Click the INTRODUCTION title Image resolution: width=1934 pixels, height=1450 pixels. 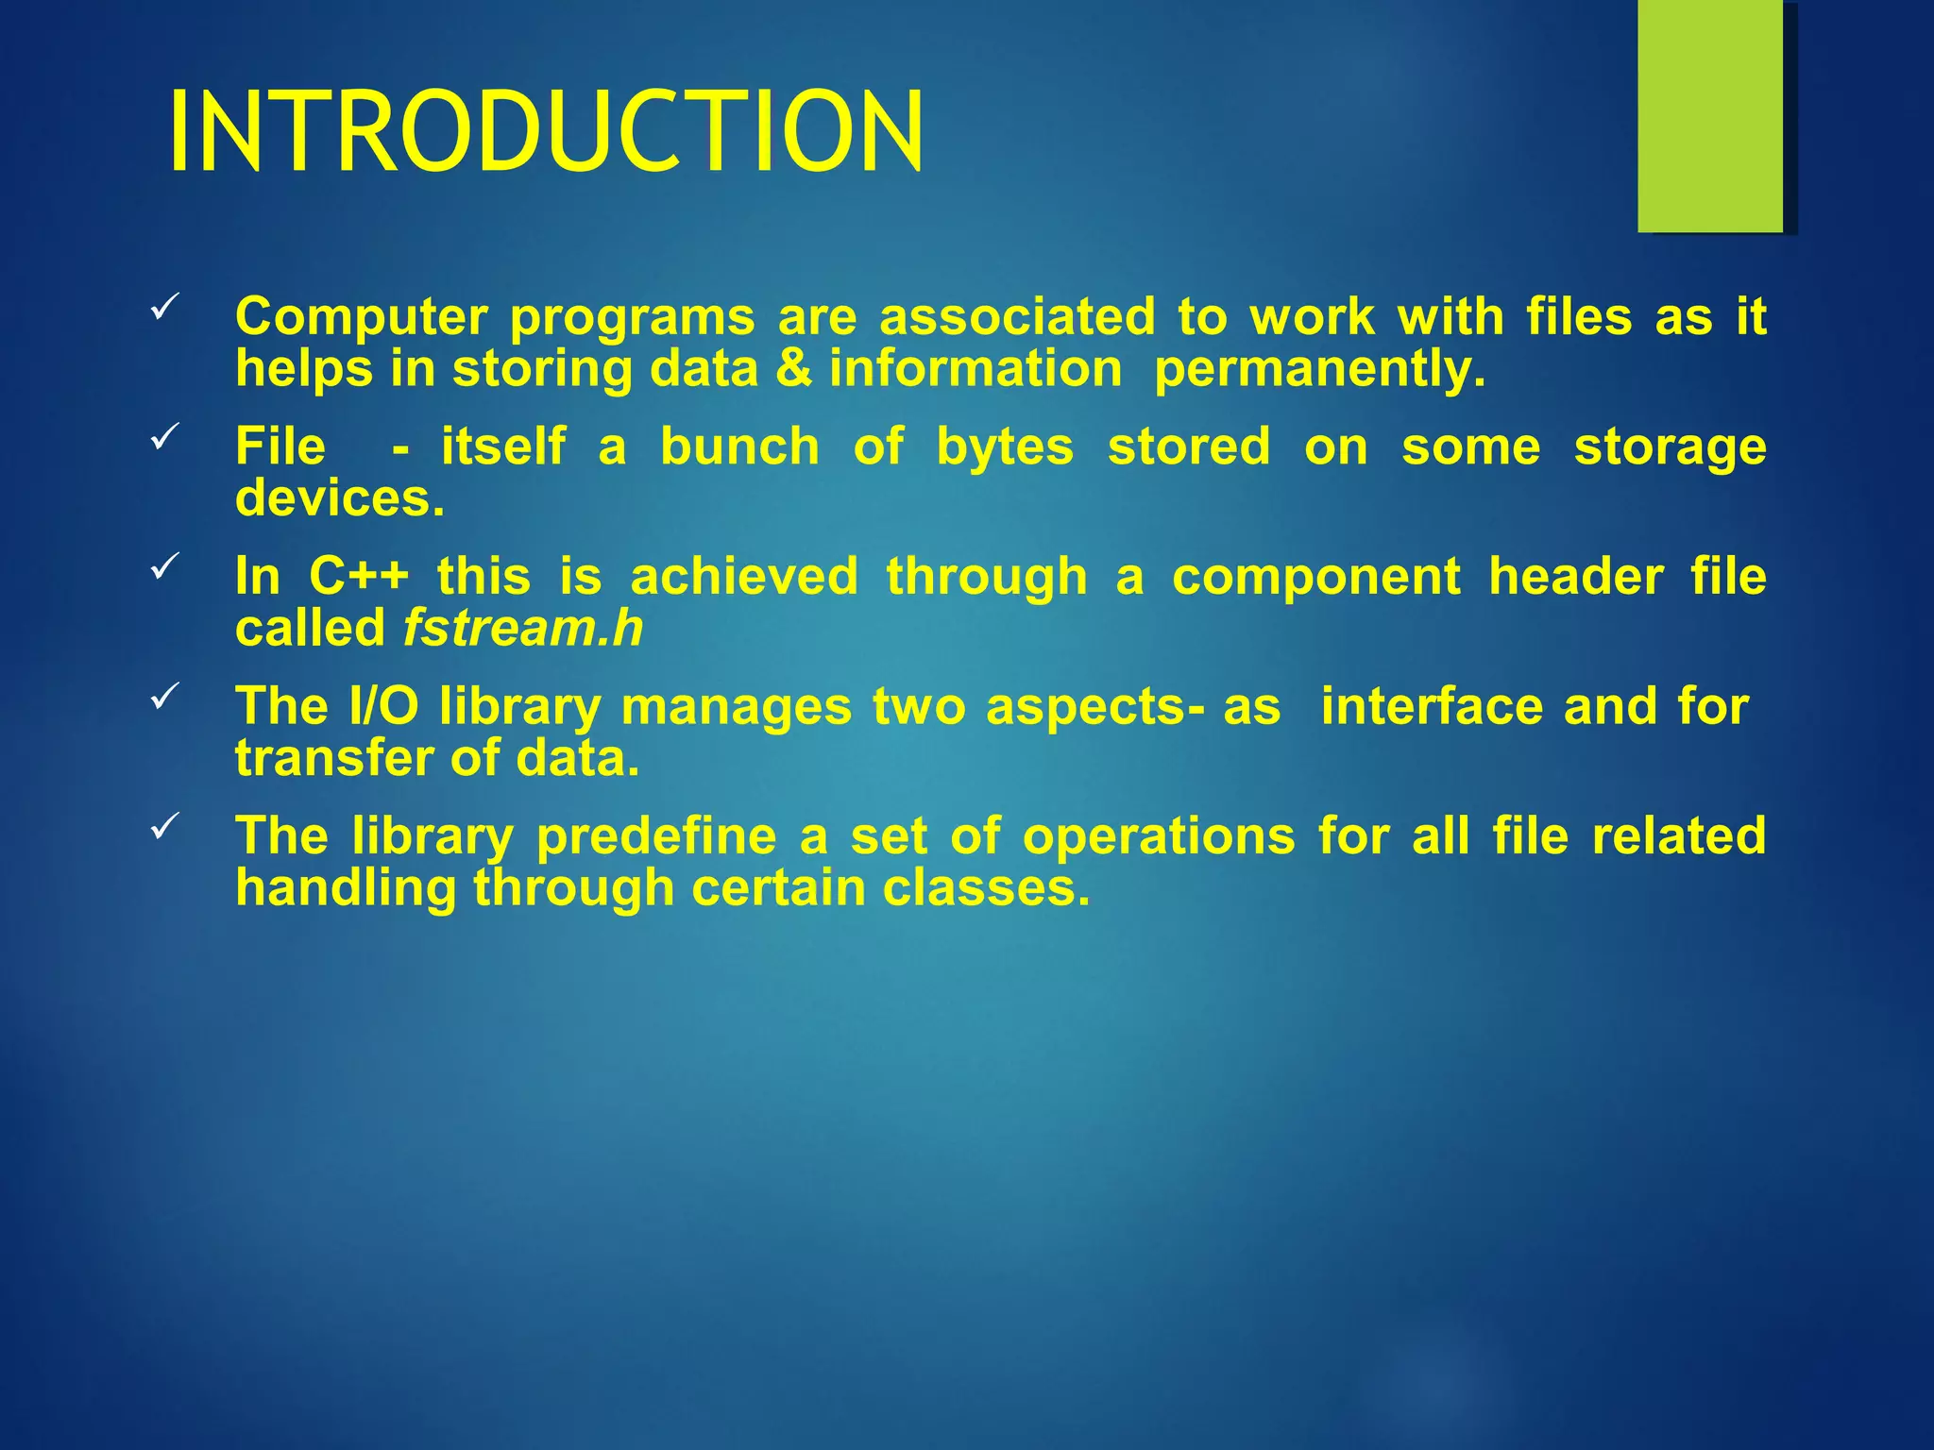(x=546, y=131)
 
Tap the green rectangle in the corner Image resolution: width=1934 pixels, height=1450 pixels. (x=1709, y=115)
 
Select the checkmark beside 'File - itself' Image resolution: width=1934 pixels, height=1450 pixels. (x=164, y=437)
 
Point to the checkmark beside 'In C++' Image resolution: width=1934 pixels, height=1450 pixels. (x=164, y=566)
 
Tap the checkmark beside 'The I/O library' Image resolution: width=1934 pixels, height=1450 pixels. (x=164, y=697)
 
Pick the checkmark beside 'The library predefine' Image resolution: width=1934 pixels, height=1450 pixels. (x=164, y=826)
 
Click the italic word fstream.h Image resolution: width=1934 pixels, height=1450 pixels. (x=523, y=629)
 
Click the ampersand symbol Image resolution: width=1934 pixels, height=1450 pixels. (x=793, y=369)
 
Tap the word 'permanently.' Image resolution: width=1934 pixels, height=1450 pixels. (x=1320, y=369)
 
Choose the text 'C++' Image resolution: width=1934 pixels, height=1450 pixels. (x=359, y=577)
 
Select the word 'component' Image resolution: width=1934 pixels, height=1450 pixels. (x=1315, y=577)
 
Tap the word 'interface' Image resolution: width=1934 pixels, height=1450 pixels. (x=1432, y=706)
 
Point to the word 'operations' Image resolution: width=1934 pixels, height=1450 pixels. (x=1159, y=836)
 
